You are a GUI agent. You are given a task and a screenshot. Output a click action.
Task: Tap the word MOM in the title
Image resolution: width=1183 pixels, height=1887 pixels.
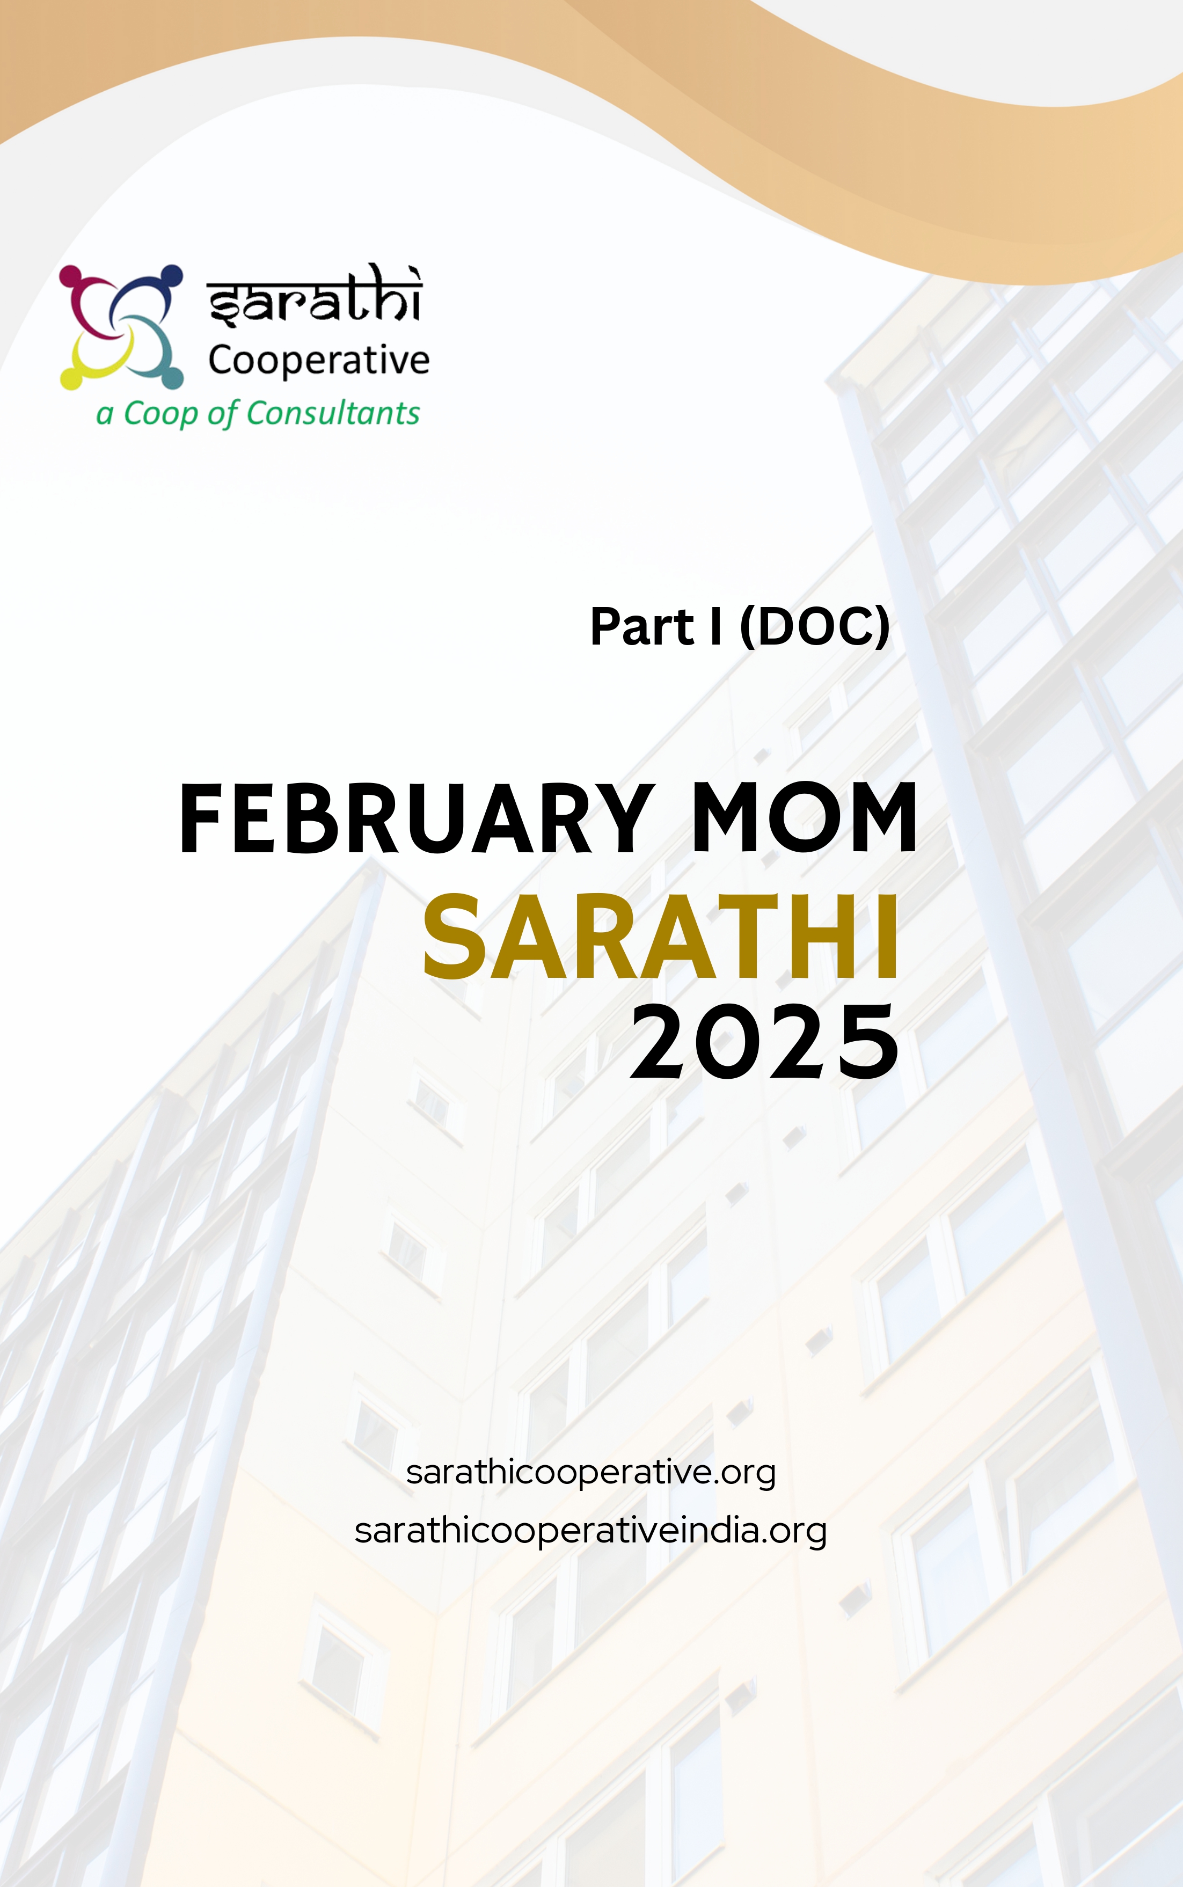click(804, 817)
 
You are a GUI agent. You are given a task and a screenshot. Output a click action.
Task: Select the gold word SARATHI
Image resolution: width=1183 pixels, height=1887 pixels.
click(661, 937)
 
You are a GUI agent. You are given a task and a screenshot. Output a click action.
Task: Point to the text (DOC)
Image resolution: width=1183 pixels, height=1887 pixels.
click(814, 627)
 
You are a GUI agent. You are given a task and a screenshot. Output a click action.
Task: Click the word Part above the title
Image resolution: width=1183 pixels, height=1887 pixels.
click(641, 627)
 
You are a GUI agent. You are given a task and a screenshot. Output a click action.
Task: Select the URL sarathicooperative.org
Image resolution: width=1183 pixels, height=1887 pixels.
click(591, 1472)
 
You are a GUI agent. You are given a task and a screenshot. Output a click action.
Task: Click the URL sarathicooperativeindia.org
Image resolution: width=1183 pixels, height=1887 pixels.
click(591, 1531)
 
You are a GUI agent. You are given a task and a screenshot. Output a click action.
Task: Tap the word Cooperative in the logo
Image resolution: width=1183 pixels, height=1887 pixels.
click(318, 361)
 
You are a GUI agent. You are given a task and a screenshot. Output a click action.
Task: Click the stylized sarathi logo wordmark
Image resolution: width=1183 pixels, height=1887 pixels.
click(315, 295)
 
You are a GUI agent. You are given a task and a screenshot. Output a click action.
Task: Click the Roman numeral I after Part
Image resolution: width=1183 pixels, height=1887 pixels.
click(715, 627)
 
